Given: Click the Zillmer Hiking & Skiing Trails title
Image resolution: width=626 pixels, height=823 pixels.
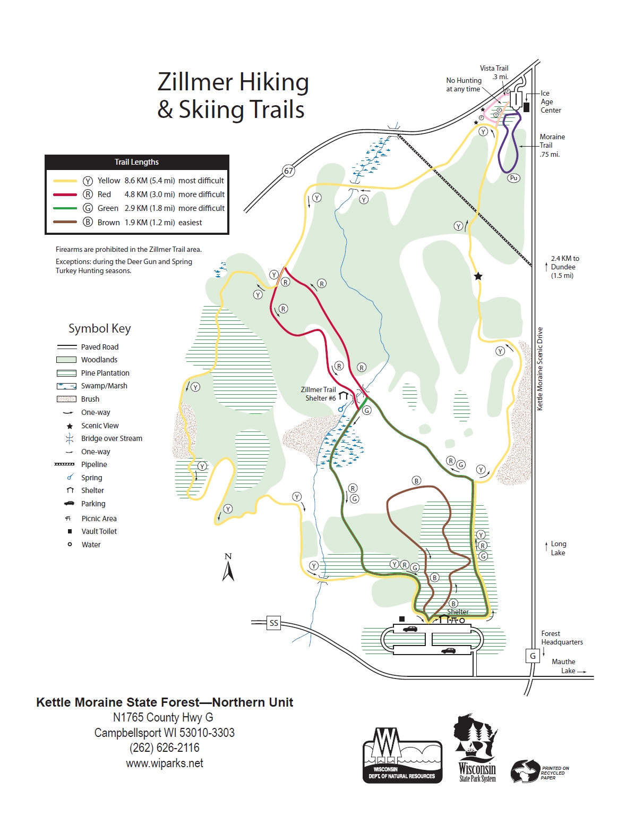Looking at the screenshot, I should [233, 96].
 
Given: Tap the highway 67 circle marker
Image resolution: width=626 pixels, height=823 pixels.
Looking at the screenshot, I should [288, 171].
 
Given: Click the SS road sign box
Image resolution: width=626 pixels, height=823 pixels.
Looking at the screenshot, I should [273, 623].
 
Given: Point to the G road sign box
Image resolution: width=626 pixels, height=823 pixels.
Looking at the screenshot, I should [533, 656].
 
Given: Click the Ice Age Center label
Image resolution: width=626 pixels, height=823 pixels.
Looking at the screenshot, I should [550, 101].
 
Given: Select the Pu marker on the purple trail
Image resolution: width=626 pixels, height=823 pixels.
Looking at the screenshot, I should [513, 178].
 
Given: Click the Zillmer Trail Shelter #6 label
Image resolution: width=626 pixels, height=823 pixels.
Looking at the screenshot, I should [319, 394].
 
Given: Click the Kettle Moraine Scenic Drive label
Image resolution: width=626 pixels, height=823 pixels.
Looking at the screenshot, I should [539, 368].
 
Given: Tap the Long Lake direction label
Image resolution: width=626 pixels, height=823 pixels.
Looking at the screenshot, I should [558, 548].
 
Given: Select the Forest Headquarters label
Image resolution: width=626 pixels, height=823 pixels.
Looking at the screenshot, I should [561, 638].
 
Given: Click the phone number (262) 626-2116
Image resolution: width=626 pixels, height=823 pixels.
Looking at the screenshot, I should [165, 748].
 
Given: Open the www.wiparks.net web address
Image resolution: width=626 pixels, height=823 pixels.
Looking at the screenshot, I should [165, 763].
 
